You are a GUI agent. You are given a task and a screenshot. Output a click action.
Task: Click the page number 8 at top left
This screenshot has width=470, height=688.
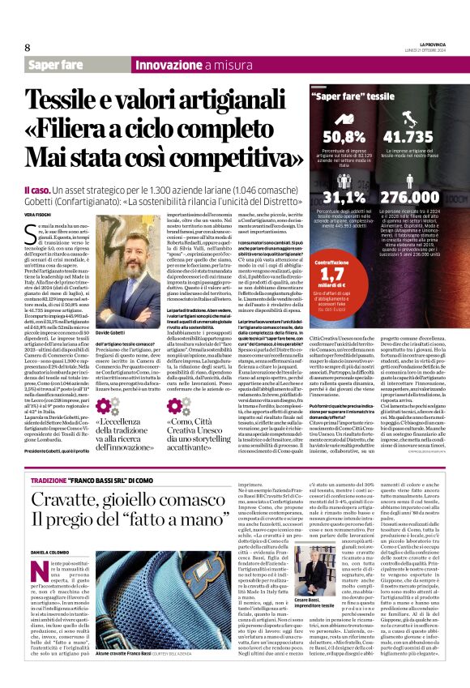(x=27, y=48)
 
